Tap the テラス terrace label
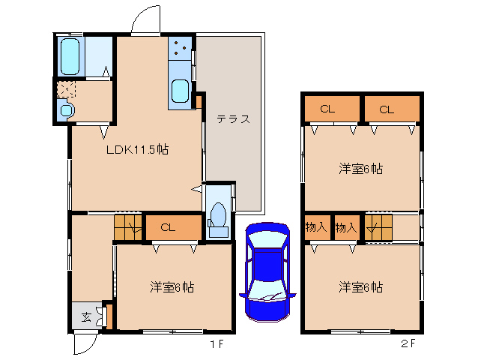(232, 119)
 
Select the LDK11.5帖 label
(137, 149)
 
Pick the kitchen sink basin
(181, 91)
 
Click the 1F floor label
(216, 344)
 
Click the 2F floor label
(407, 344)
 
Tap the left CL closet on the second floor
(327, 109)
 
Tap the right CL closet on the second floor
(386, 109)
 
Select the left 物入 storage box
(315, 226)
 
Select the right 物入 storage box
(345, 226)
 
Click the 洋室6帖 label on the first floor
(172, 286)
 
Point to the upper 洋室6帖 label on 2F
(360, 169)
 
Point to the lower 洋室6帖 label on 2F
(360, 286)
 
